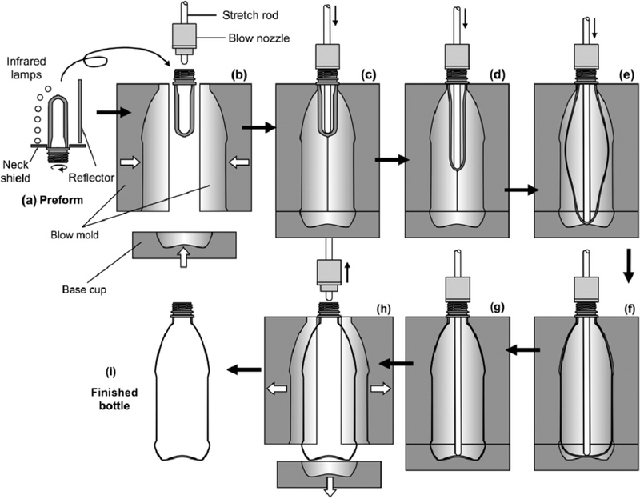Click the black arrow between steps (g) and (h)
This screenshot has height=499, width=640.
pos(395,363)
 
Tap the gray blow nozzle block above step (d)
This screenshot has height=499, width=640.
pos(460,54)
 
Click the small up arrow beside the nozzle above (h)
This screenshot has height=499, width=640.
pos(348,278)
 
